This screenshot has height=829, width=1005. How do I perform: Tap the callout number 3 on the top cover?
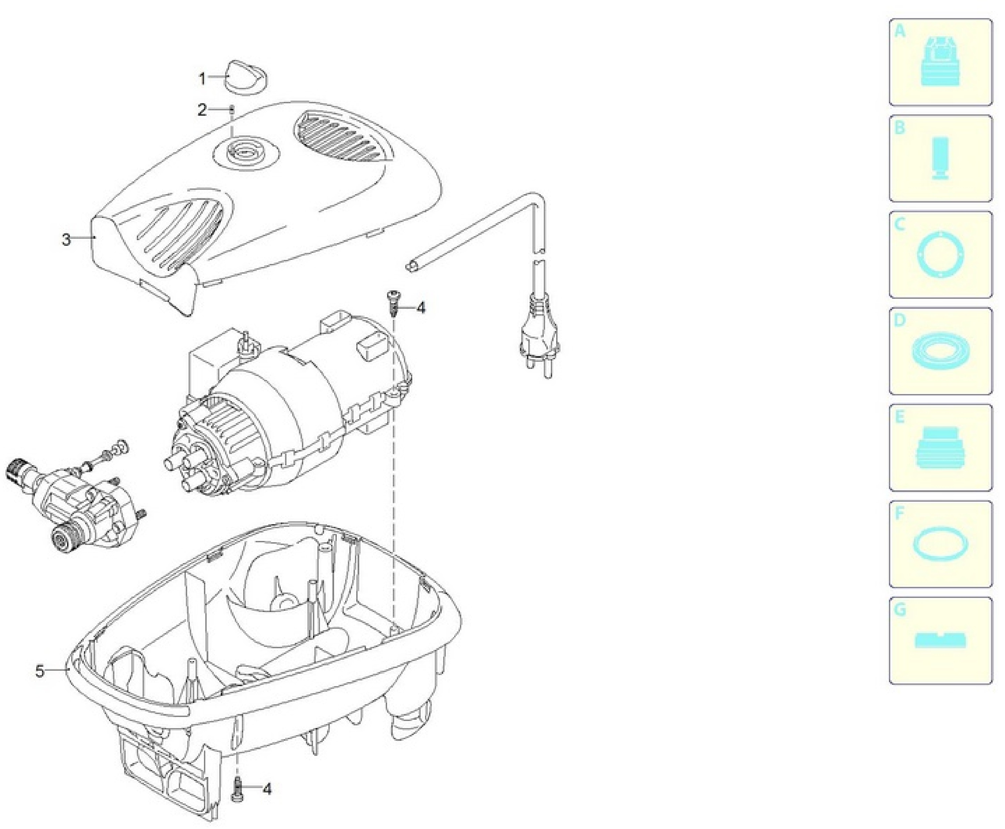click(x=66, y=239)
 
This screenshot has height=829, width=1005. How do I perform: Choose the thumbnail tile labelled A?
click(x=940, y=62)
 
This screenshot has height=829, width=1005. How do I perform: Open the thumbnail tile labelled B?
click(x=940, y=159)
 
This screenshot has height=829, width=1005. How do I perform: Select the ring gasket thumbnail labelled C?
click(x=940, y=255)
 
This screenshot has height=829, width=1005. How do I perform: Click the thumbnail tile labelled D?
click(x=940, y=351)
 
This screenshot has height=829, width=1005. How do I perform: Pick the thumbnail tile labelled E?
click(x=940, y=447)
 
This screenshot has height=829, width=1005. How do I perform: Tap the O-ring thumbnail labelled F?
click(x=940, y=544)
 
